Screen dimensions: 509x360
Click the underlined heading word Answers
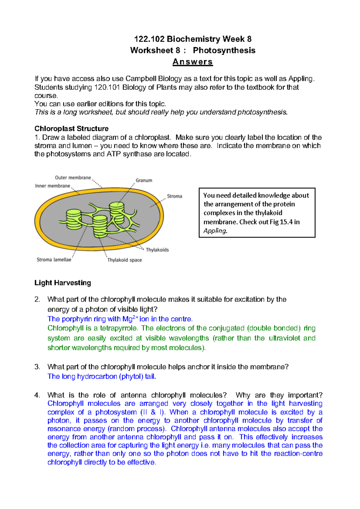point(193,62)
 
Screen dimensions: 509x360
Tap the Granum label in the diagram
point(144,180)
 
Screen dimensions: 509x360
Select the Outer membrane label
point(73,177)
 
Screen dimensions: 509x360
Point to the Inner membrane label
point(52,186)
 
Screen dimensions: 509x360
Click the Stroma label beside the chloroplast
point(174,196)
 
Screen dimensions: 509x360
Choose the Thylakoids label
point(157,250)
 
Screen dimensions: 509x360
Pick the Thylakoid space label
point(124,260)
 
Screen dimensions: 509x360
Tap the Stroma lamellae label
point(54,260)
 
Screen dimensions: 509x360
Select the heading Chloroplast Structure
point(71,129)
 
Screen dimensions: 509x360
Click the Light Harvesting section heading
point(63,283)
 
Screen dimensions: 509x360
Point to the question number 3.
point(37,367)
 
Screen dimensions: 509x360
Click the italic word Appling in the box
point(215,231)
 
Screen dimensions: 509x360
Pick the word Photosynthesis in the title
point(224,50)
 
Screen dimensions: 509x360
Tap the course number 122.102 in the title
point(149,39)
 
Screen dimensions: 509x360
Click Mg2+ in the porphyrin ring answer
point(130,319)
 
